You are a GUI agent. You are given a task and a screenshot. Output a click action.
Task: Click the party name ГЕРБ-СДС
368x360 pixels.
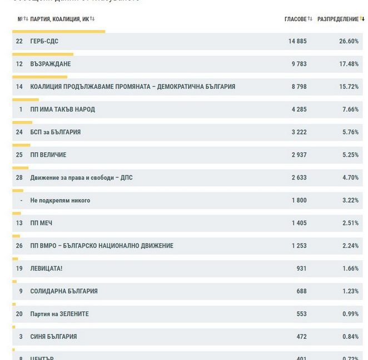click(x=44, y=41)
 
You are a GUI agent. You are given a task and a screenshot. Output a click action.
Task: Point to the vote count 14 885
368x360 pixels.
click(x=297, y=41)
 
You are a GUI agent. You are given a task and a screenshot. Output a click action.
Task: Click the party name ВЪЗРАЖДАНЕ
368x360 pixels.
click(x=50, y=64)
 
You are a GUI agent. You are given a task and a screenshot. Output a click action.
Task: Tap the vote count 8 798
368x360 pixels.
click(x=299, y=87)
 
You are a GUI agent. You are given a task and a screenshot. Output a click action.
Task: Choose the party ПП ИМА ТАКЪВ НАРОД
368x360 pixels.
click(x=62, y=109)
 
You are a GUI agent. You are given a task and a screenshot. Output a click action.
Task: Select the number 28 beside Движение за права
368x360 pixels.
click(x=19, y=178)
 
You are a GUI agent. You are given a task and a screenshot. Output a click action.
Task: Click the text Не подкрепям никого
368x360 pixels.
click(x=60, y=201)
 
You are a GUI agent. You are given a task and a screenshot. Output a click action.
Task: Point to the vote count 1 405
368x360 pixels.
click(x=299, y=223)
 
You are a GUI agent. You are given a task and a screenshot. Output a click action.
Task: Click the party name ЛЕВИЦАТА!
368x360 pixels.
click(x=46, y=269)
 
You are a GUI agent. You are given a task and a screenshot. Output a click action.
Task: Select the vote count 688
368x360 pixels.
click(x=301, y=292)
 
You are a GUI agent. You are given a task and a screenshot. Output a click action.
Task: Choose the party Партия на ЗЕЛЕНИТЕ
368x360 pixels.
click(x=59, y=314)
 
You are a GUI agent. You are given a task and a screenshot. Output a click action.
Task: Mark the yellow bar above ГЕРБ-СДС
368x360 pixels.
click(x=58, y=32)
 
